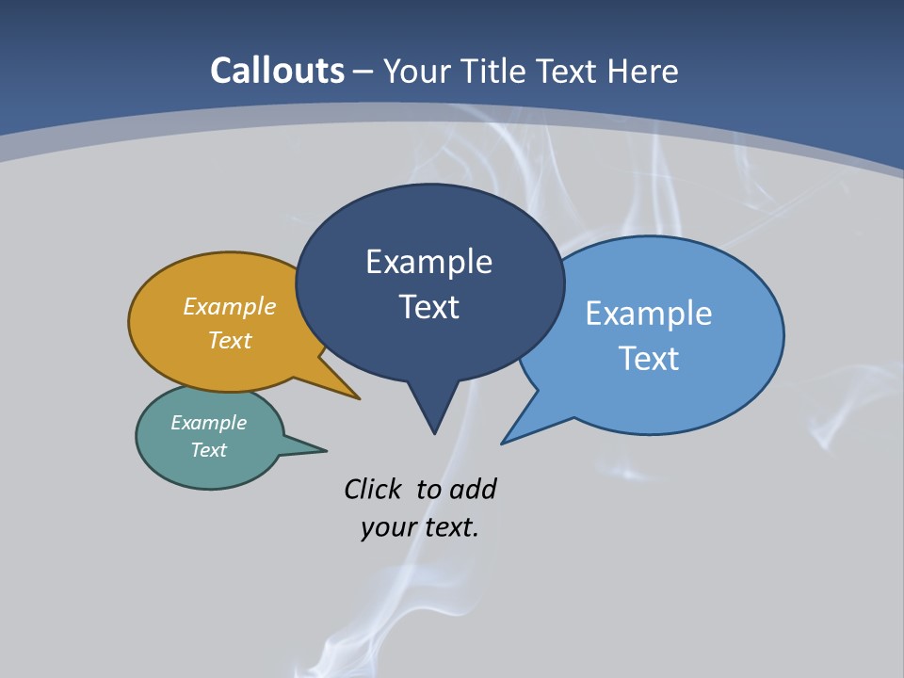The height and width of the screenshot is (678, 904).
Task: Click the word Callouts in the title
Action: pyautogui.click(x=277, y=71)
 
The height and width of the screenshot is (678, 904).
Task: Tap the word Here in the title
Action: pyautogui.click(x=644, y=72)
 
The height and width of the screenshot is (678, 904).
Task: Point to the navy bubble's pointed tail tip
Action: pyautogui.click(x=434, y=432)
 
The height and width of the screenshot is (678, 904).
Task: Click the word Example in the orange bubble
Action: pyautogui.click(x=230, y=306)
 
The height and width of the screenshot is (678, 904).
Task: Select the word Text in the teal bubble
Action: pyautogui.click(x=208, y=450)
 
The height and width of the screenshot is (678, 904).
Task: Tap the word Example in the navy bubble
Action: pyautogui.click(x=428, y=262)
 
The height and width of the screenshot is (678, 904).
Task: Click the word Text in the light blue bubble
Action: pyautogui.click(x=649, y=358)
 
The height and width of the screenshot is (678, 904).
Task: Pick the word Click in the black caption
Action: pyautogui.click(x=373, y=489)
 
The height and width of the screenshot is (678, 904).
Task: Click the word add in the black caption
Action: pyautogui.click(x=473, y=489)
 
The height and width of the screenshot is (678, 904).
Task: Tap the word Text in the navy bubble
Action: pyautogui.click(x=428, y=307)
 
